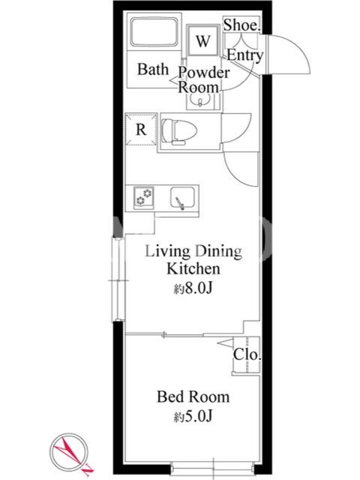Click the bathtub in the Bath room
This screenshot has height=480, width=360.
click(x=154, y=32)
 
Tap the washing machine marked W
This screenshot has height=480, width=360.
click(x=203, y=40)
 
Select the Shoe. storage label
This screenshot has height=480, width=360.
click(x=242, y=25)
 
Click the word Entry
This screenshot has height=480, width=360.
click(x=245, y=55)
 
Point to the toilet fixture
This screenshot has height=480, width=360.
click(x=179, y=131)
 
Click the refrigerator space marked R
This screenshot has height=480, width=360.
click(x=141, y=129)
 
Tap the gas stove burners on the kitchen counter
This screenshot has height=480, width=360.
click(x=143, y=198)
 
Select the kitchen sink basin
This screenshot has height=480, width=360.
click(x=182, y=198)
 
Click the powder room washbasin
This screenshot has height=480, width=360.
click(x=200, y=100)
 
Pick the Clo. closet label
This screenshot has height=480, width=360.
click(x=247, y=355)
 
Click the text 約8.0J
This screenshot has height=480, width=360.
click(x=193, y=289)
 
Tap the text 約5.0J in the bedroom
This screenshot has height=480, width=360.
click(x=193, y=416)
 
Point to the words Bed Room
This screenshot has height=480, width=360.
click(x=193, y=397)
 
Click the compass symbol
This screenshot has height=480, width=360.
click(x=69, y=452)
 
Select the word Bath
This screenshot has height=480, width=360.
click(x=153, y=69)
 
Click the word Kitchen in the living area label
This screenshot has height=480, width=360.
click(x=193, y=269)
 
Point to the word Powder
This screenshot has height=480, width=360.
click(x=204, y=73)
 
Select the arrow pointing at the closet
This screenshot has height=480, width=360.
click(x=225, y=343)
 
